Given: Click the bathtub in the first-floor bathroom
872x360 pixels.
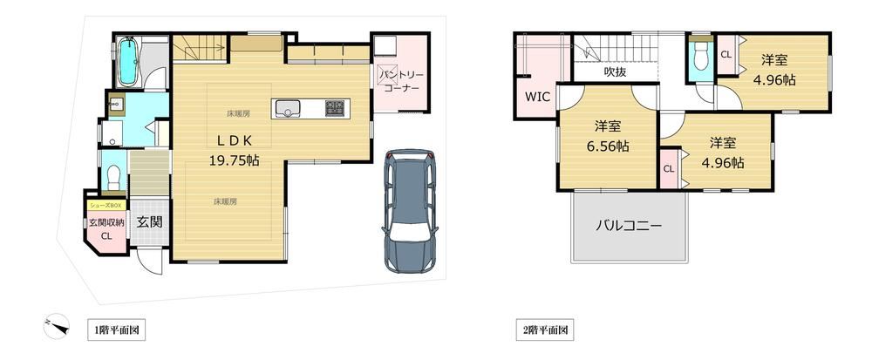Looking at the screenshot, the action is [x=128, y=61].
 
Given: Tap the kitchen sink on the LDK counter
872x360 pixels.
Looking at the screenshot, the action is [x=287, y=108].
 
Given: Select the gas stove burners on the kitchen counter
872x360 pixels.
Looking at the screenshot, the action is [x=335, y=108].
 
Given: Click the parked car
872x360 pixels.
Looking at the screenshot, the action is [x=410, y=211].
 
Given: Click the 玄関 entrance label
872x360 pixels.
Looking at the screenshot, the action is [x=150, y=222].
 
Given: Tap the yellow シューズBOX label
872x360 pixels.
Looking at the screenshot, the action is [x=106, y=206].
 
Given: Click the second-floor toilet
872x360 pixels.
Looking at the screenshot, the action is [x=701, y=56].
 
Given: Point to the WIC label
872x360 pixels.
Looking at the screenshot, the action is [x=538, y=97].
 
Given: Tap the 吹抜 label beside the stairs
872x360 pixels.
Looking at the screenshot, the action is [x=615, y=71].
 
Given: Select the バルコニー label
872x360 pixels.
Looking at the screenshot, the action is [x=630, y=226].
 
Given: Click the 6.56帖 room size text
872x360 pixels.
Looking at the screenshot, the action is [x=608, y=146].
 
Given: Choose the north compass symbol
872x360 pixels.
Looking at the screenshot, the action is [x=56, y=325].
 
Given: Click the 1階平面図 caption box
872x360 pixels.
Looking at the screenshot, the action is [x=116, y=330].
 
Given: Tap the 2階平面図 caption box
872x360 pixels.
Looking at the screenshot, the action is [x=545, y=330].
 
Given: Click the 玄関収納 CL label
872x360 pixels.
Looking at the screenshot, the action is [x=106, y=229].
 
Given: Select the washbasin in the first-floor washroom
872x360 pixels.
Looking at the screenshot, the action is [x=117, y=105].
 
